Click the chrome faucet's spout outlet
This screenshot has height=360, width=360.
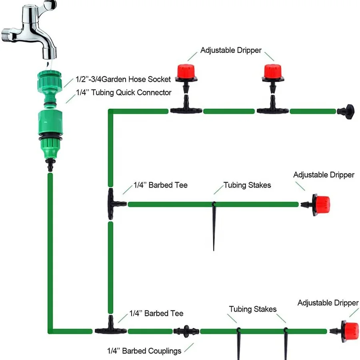click(49, 53)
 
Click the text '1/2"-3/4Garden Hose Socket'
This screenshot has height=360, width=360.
click(123, 79)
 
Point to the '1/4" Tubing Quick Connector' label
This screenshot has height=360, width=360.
click(124, 92)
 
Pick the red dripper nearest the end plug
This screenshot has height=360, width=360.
click(273, 78)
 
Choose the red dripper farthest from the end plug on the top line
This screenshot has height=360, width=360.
click(186, 78)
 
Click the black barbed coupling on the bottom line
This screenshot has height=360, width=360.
click(186, 331)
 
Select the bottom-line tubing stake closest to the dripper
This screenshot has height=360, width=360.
click(286, 344)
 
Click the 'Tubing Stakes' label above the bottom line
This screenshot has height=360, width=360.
click(252, 309)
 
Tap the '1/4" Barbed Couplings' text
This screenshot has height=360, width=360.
click(144, 351)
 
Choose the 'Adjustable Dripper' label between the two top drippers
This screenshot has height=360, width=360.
click(231, 50)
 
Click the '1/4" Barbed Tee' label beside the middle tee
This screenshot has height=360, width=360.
click(160, 185)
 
